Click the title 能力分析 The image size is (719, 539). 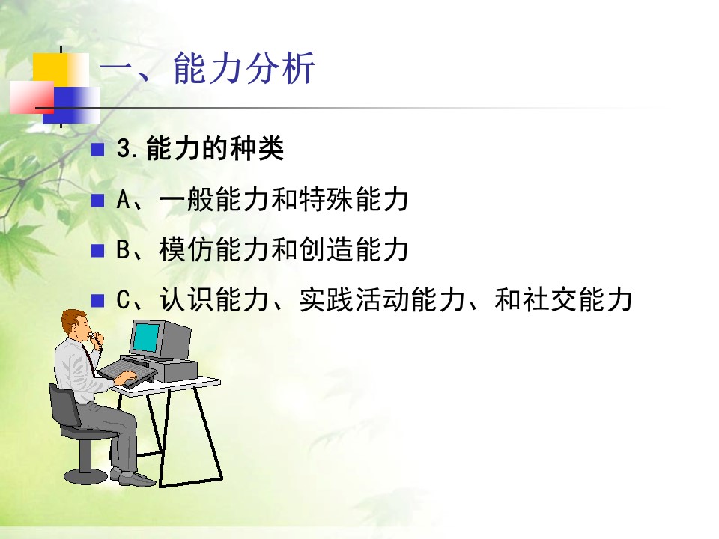(x=244, y=68)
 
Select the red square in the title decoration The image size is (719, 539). (x=31, y=97)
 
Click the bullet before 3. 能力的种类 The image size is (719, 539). (x=97, y=150)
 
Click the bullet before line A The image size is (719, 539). (x=97, y=201)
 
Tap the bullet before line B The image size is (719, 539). (x=97, y=251)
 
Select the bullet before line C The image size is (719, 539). (x=97, y=301)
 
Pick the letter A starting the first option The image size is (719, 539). (x=124, y=200)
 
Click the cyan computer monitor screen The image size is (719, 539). (x=146, y=338)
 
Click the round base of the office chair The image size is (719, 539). (x=86, y=477)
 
